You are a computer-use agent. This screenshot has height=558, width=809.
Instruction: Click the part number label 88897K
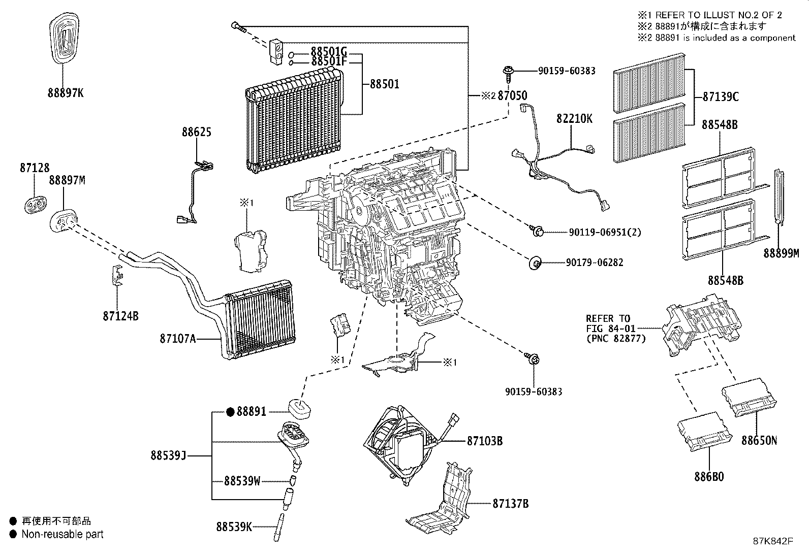[66, 93]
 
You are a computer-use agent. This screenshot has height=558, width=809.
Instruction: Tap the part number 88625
[197, 132]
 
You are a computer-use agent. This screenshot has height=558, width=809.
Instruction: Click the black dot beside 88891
[230, 412]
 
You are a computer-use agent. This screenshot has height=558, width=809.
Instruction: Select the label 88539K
[234, 527]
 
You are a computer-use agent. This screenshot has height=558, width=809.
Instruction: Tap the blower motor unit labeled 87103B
[401, 442]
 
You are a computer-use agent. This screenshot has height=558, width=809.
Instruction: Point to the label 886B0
[708, 477]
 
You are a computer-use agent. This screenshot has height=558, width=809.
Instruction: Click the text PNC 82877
[615, 338]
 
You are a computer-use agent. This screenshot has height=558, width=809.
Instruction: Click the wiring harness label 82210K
[574, 119]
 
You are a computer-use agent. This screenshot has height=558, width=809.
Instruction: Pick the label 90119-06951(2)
[605, 233]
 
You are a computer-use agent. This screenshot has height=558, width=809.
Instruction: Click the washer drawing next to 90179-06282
[534, 264]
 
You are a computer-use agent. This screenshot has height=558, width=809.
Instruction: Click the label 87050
[512, 95]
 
